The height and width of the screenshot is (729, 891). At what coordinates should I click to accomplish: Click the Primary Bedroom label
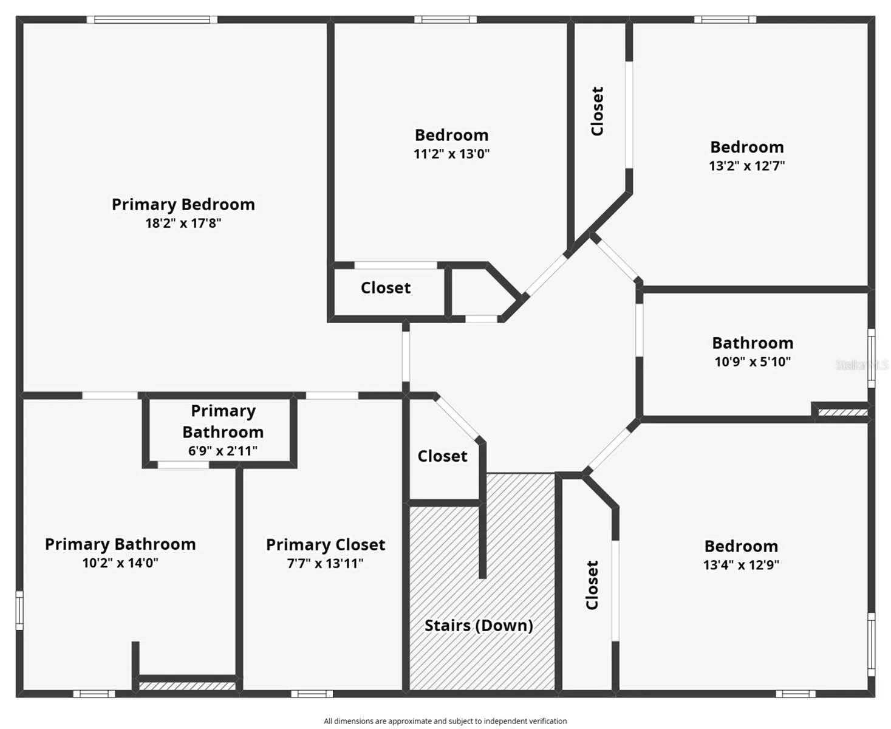183,204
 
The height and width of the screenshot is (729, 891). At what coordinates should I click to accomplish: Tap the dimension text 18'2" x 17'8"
183,223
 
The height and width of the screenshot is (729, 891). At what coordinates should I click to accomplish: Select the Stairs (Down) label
479,625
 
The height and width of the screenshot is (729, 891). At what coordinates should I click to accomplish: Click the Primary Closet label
326,544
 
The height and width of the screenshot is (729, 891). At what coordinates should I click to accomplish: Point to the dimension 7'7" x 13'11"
326,563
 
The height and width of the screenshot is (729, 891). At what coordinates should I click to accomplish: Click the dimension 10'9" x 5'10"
753,361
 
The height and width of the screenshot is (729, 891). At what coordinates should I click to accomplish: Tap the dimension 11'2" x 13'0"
451,154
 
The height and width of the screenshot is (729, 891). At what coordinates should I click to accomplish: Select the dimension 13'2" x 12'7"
746,166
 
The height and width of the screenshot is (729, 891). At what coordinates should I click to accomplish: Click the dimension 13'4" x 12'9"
741,565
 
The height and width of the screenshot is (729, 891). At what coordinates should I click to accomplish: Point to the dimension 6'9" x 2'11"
222,451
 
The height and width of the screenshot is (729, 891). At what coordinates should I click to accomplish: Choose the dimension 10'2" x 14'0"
120,563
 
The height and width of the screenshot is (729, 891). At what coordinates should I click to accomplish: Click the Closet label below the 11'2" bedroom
386,287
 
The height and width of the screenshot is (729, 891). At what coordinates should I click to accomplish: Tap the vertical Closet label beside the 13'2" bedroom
598,111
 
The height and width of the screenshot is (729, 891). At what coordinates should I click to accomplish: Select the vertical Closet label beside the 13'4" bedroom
592,585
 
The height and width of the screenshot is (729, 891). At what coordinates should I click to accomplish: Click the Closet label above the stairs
442,456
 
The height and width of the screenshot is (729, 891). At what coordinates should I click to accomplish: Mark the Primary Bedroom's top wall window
152,19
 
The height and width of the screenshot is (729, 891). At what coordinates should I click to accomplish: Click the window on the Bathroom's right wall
871,358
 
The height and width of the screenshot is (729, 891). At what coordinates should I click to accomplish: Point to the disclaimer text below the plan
445,721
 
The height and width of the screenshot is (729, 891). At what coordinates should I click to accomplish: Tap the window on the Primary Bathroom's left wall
19,610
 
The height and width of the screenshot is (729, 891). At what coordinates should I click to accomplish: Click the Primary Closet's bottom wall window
312,693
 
